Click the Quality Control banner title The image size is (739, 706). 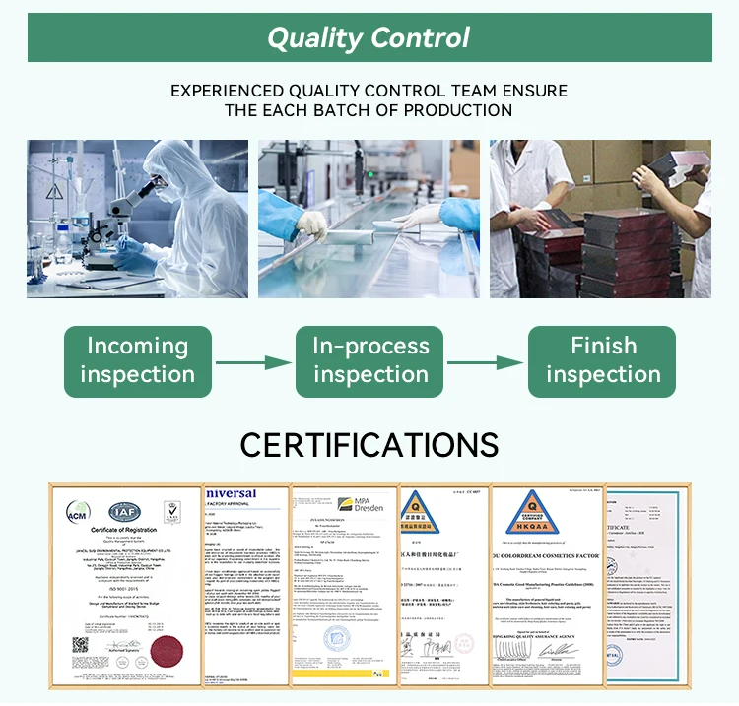pos(369,38)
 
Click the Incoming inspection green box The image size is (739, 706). pos(138,360)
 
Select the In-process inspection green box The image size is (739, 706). pos(370,360)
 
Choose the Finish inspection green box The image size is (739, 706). pos(602,360)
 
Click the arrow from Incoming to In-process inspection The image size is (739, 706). pos(253,361)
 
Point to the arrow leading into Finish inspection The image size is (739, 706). pos(486,361)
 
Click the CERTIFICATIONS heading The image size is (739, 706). pos(369,444)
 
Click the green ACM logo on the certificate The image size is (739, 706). pos(77,512)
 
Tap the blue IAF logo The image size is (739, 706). pos(122,511)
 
